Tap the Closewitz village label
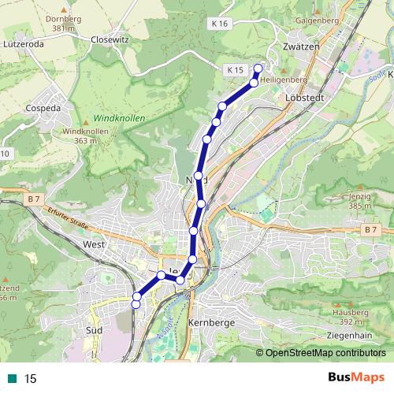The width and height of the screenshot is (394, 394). [110, 39]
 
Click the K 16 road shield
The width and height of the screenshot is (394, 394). [220, 24]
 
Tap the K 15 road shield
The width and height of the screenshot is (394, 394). [234, 71]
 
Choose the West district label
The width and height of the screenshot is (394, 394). [93, 245]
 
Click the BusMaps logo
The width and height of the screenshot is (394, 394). [356, 377]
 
